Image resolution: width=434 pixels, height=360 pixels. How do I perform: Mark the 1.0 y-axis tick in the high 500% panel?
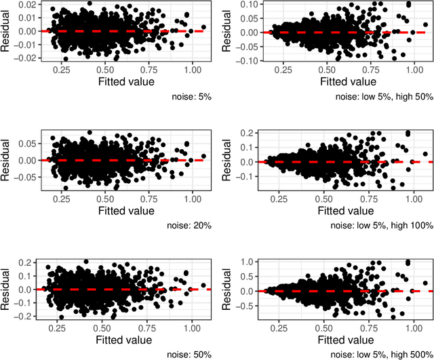coord(252,262)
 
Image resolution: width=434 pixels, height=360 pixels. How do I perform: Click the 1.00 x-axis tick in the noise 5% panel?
coord(193,69)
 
